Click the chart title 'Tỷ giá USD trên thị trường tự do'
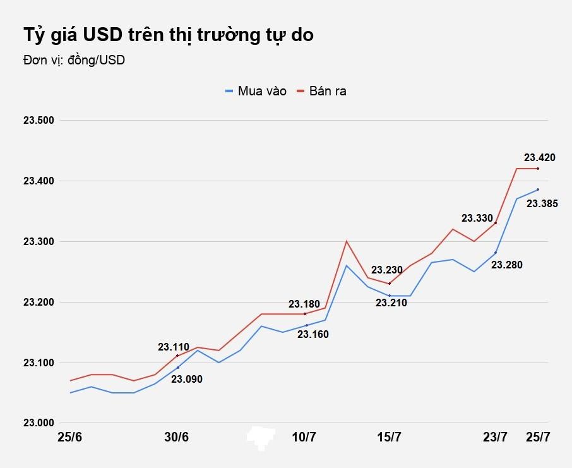(168, 35)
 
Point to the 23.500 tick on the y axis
(39, 121)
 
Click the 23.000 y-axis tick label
(39, 423)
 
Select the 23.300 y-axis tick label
(39, 242)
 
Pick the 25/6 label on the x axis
(70, 438)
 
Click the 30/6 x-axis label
(177, 438)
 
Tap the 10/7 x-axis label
(305, 438)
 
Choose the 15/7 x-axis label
(390, 438)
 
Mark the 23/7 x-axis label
(495, 438)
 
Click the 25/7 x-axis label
(537, 438)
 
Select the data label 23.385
(542, 203)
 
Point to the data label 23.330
(477, 219)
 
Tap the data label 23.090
(187, 379)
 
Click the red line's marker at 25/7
(538, 169)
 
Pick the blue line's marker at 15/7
(390, 296)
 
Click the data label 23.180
(305, 304)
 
